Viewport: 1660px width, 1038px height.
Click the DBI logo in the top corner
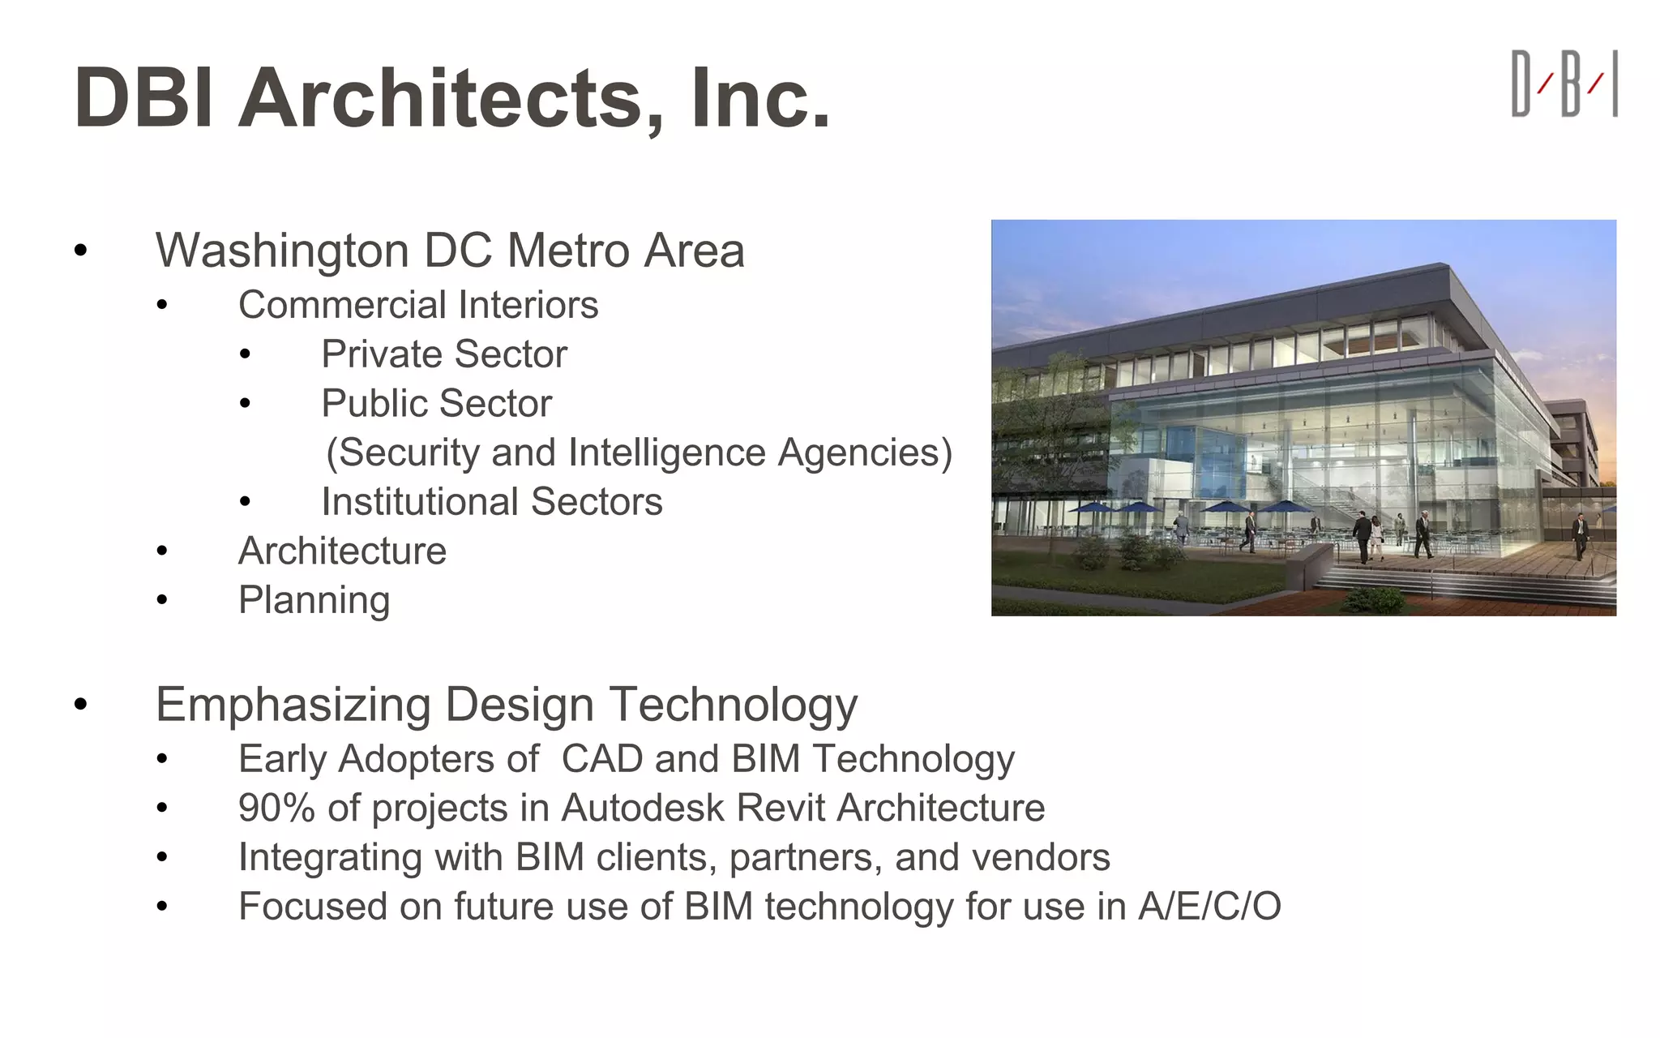click(x=1564, y=84)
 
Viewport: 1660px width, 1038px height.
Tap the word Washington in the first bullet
click(x=283, y=251)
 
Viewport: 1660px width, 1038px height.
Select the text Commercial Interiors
click(x=418, y=306)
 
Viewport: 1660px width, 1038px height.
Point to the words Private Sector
click(x=444, y=354)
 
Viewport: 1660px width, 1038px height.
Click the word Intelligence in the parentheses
click(x=666, y=453)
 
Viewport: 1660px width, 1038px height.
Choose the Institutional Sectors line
click(x=492, y=502)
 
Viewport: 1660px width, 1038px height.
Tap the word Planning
click(x=314, y=601)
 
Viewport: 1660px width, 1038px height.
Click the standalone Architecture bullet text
click(x=342, y=551)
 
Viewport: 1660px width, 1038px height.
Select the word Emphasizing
click(x=293, y=705)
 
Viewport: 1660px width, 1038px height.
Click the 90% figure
click(x=276, y=809)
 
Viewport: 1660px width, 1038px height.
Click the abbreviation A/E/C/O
click(x=1209, y=907)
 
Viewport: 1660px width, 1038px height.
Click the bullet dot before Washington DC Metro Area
click(x=80, y=251)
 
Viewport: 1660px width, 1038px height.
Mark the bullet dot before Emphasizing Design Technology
click(x=80, y=705)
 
